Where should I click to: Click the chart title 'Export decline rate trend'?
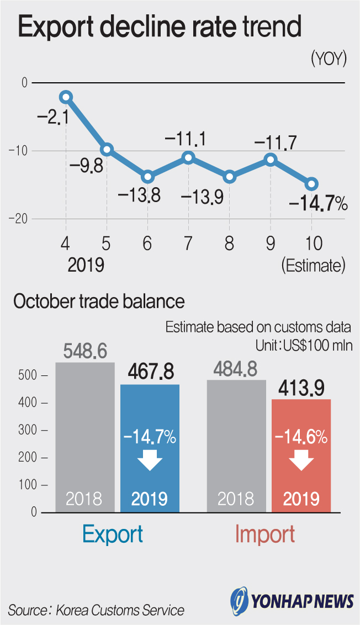pyautogui.click(x=161, y=28)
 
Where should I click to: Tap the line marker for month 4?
pyautogui.click(x=66, y=97)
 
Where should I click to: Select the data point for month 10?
pyautogui.click(x=311, y=184)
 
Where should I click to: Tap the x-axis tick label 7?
pyautogui.click(x=188, y=243)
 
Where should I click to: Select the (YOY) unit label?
pyautogui.click(x=329, y=59)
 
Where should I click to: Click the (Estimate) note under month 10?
pyautogui.click(x=313, y=266)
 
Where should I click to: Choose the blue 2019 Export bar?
pyautogui.click(x=150, y=447)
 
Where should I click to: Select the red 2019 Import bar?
pyautogui.click(x=301, y=455)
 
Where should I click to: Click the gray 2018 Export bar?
pyautogui.click(x=84, y=436)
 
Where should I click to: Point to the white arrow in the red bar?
pyautogui.click(x=301, y=461)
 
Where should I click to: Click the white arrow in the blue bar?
pyautogui.click(x=150, y=461)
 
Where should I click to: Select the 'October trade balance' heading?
pyautogui.click(x=99, y=301)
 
